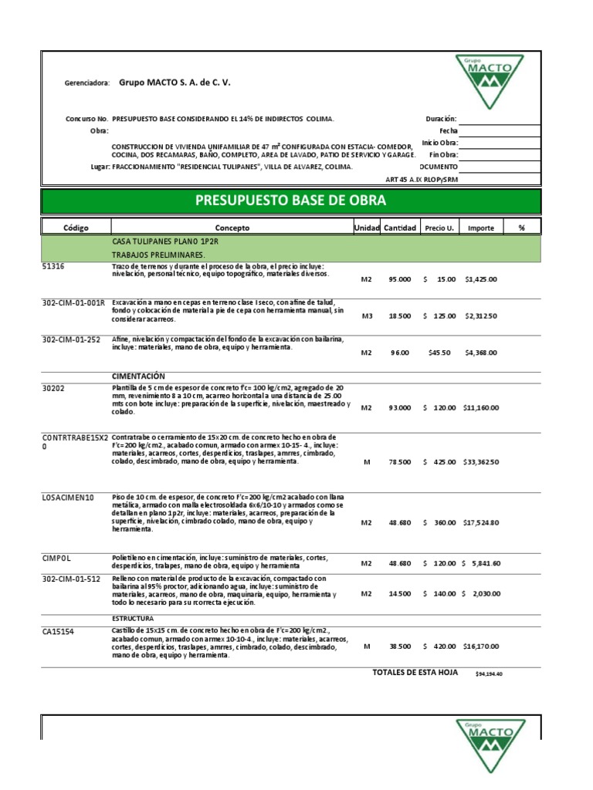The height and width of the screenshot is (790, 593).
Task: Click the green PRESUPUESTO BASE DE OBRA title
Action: [296, 201]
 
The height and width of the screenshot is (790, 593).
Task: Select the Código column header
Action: [76, 228]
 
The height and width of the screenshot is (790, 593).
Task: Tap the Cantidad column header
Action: [400, 228]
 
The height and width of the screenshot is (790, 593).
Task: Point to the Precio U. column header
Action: [439, 228]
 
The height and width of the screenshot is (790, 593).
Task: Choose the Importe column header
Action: [481, 228]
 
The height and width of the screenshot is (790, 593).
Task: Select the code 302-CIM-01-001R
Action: [73, 303]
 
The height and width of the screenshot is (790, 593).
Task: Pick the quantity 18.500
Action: [400, 316]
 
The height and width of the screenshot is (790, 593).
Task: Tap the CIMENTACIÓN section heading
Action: [140, 375]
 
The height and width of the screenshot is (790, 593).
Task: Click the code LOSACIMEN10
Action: [68, 498]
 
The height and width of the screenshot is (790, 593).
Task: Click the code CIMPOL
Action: [57, 555]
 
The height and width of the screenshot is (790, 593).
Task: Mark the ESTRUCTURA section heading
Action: [133, 618]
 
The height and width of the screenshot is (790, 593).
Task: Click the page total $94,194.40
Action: [489, 674]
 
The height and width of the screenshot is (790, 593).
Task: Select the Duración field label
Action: [441, 119]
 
